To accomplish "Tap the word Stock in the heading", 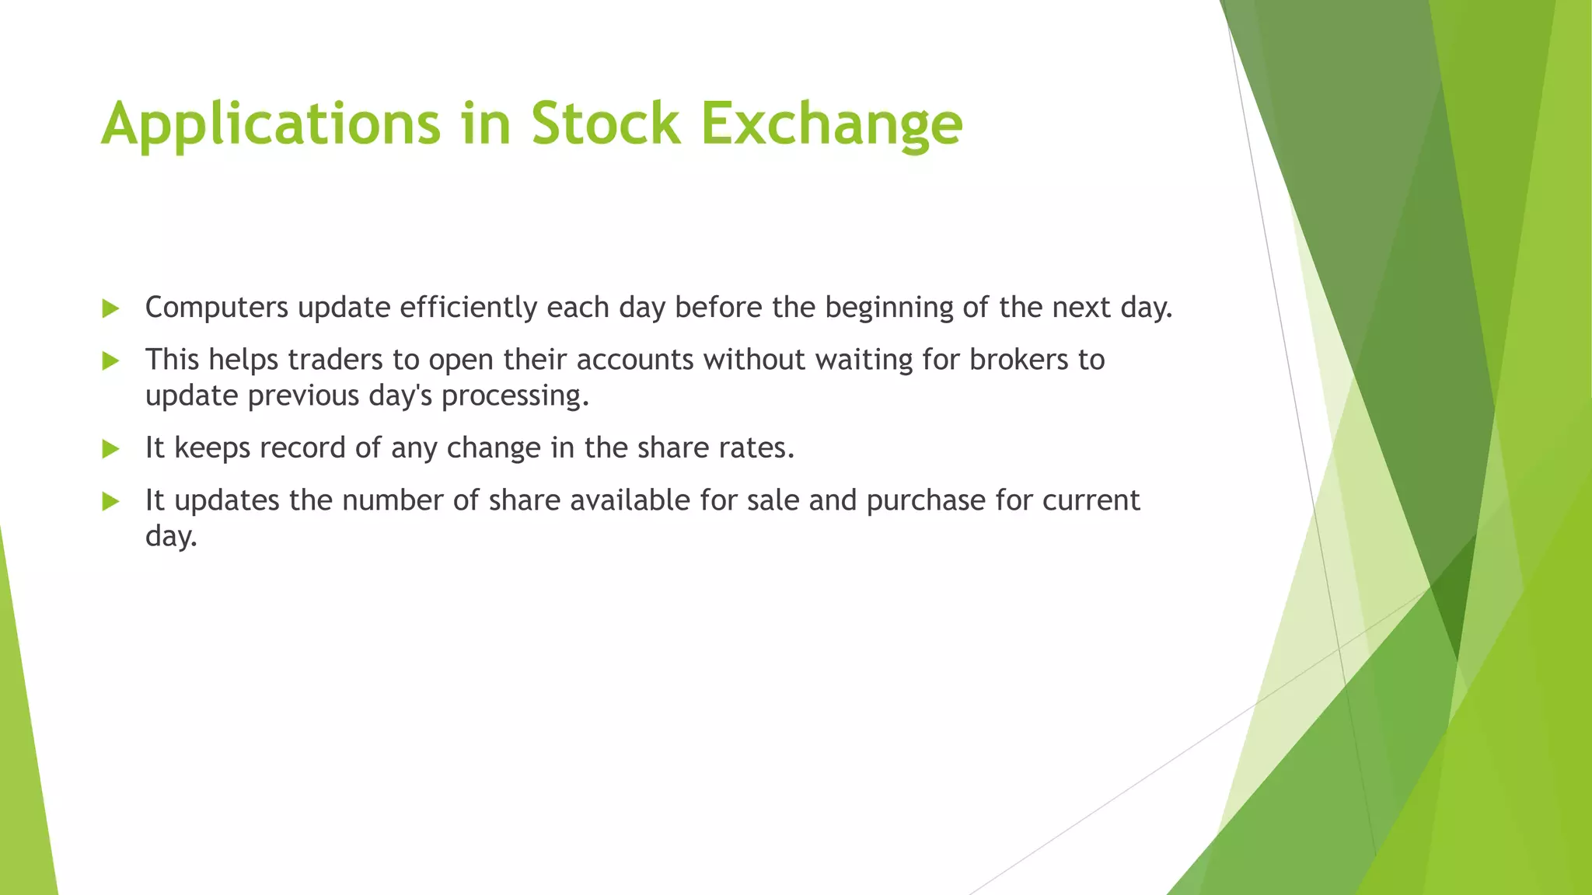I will pos(605,124).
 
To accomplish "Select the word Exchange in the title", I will pos(831,124).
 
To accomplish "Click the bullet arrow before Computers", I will pos(110,309).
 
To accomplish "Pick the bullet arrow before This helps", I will pos(110,360).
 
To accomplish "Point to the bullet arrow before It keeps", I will pos(110,449).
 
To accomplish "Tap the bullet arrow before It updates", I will pos(110,501).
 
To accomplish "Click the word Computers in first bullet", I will pos(217,308).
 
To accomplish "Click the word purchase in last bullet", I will pos(926,500).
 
